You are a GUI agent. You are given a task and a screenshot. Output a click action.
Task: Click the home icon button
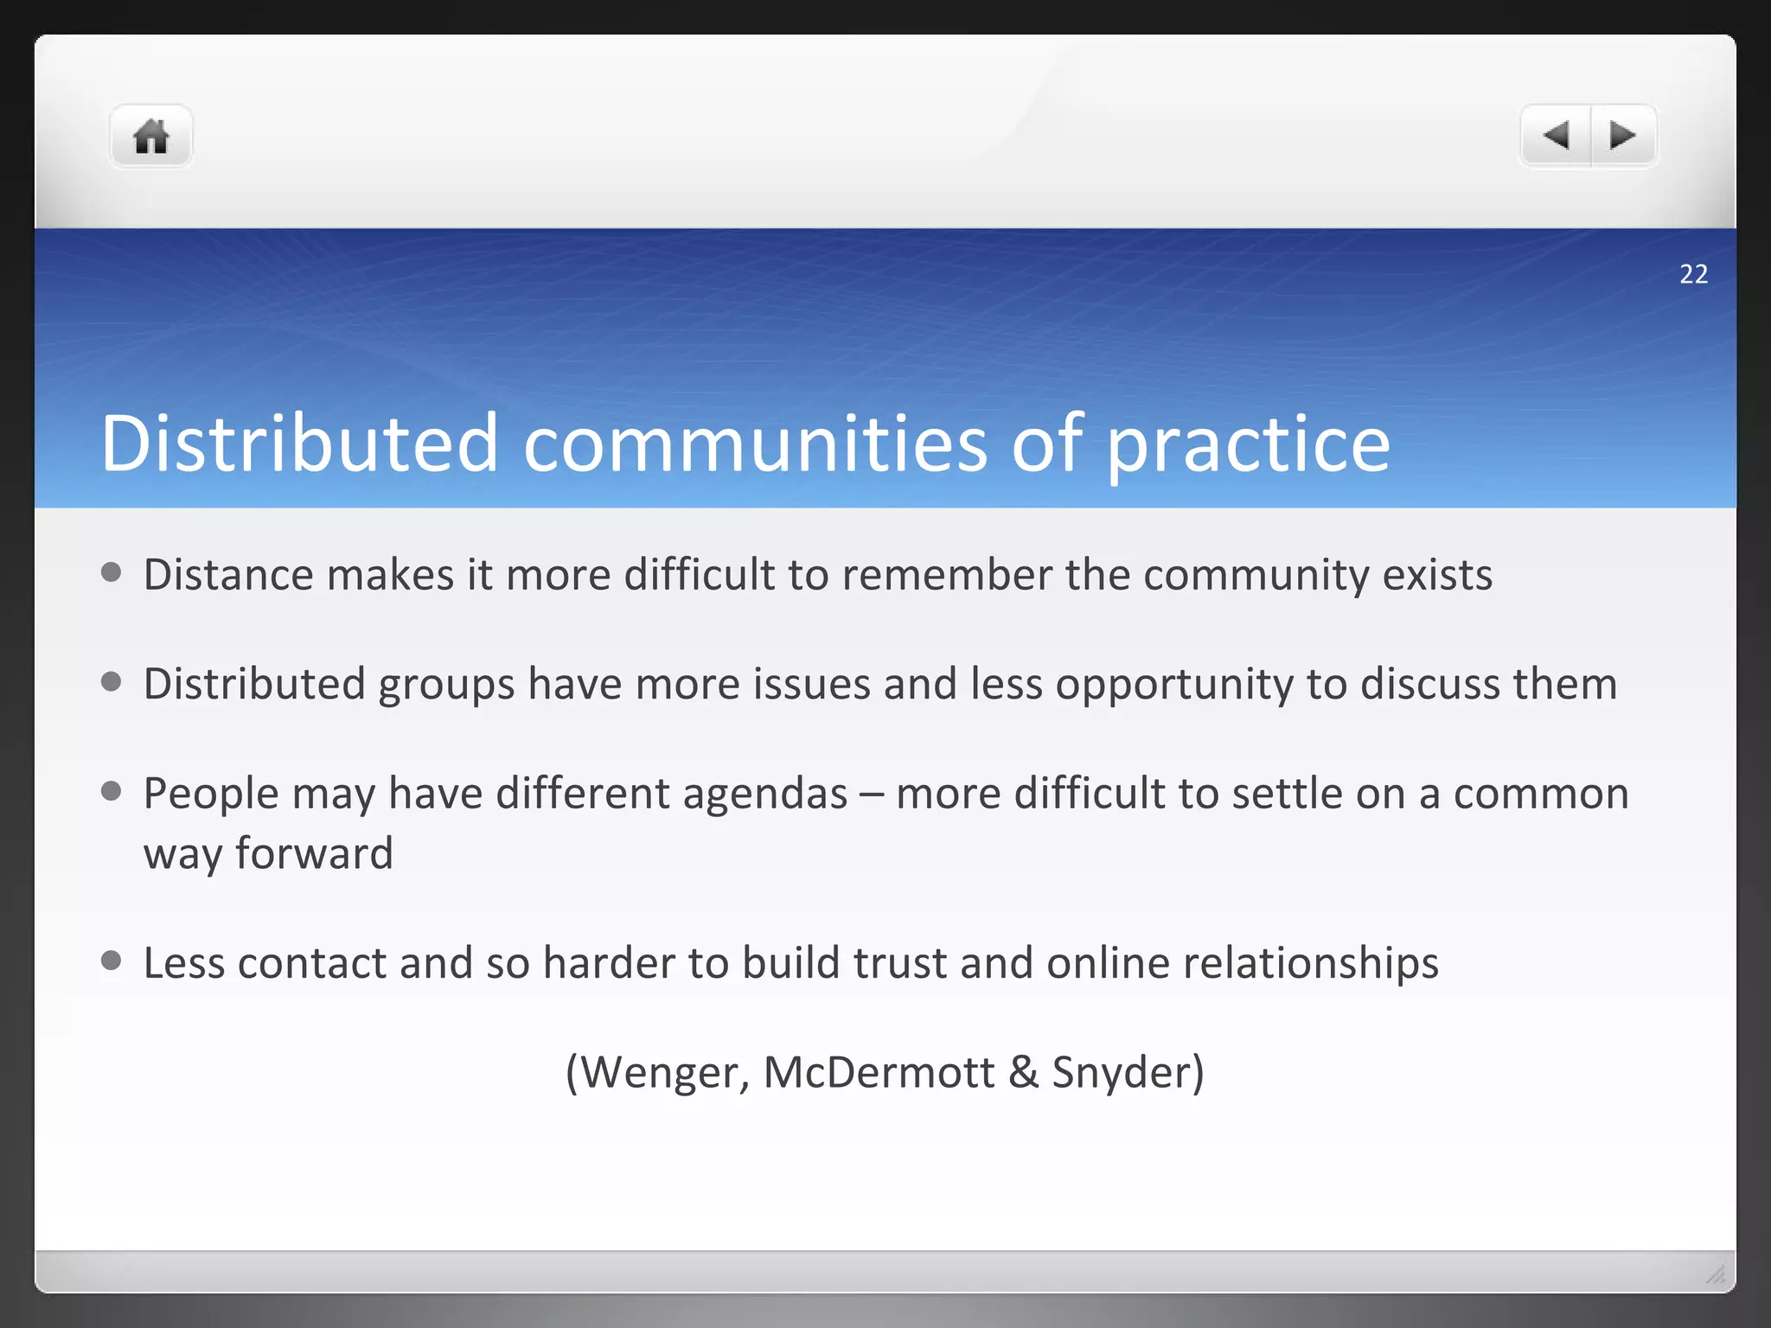coord(150,137)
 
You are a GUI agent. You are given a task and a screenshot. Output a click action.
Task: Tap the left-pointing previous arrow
coord(1556,135)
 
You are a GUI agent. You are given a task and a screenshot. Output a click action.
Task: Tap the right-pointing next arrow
coord(1622,135)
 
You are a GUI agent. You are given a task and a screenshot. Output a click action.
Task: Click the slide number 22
coord(1693,274)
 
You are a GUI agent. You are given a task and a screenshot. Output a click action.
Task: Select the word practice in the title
coord(1248,444)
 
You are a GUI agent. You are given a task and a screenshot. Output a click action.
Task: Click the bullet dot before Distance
coord(111,572)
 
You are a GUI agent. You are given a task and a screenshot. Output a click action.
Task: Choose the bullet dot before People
coord(111,790)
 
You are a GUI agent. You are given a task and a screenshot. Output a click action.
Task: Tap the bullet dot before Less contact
coord(111,960)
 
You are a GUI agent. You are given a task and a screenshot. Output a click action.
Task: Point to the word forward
coord(314,853)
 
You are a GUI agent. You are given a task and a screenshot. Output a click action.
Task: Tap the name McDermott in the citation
coord(879,1072)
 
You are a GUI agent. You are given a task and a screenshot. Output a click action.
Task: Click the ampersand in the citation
coord(1023,1072)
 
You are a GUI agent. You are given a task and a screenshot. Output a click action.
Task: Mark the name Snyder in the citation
coord(1121,1072)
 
